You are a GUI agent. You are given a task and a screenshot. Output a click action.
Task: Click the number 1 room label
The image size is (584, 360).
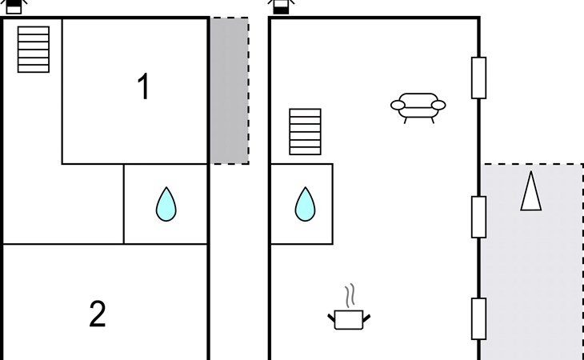143,87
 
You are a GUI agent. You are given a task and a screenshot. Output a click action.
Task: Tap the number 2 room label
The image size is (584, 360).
97,314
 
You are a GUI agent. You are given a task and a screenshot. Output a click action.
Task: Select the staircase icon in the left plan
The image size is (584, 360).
34,50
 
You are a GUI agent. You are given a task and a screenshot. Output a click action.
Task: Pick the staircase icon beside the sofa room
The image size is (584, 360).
305,132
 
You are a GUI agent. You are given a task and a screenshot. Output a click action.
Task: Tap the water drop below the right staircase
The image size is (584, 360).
305,204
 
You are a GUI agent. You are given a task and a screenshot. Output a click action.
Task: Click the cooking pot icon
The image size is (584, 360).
349,319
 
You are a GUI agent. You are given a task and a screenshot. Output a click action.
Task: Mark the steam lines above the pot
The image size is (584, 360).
349,295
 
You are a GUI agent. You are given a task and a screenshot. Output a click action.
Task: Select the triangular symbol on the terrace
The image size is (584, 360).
530,191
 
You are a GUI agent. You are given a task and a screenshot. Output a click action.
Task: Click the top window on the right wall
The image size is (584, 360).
478,78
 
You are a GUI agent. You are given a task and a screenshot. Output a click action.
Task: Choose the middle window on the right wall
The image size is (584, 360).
478,217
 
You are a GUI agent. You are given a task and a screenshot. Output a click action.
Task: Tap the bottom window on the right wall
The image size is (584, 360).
478,318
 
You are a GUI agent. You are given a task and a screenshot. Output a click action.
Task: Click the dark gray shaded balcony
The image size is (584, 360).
229,90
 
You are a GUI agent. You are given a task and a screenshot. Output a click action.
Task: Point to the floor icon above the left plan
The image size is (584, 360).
14,7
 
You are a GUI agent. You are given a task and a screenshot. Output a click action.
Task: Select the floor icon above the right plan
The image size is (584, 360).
281,7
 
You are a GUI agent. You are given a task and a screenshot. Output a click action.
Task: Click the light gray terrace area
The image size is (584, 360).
532,272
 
